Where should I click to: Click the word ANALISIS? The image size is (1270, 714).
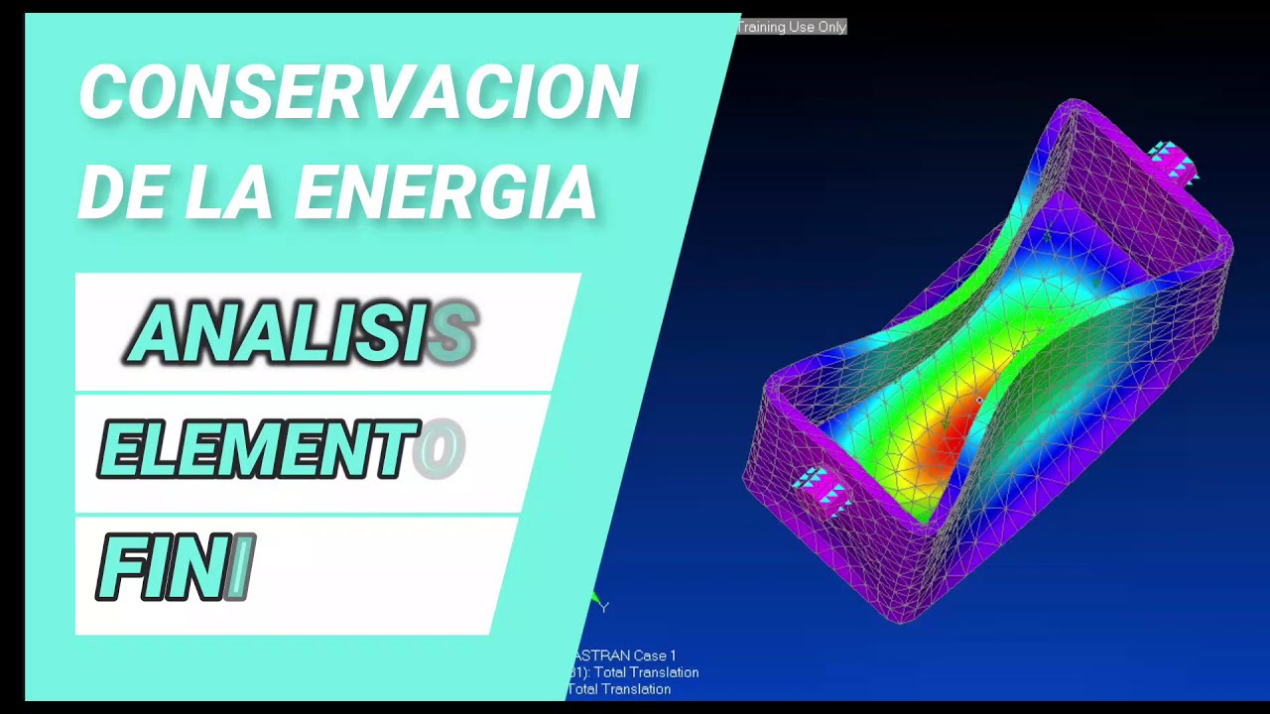click(x=303, y=333)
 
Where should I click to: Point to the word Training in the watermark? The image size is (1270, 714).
click(x=762, y=27)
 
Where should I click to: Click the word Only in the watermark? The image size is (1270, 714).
click(x=831, y=27)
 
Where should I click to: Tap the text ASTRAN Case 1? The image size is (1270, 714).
click(x=624, y=655)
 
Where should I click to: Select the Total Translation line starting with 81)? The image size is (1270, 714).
click(x=633, y=672)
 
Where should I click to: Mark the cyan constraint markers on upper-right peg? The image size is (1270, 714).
click(x=1172, y=162)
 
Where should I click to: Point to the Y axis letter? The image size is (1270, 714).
click(x=603, y=607)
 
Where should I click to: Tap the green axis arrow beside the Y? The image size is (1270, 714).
click(x=594, y=598)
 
